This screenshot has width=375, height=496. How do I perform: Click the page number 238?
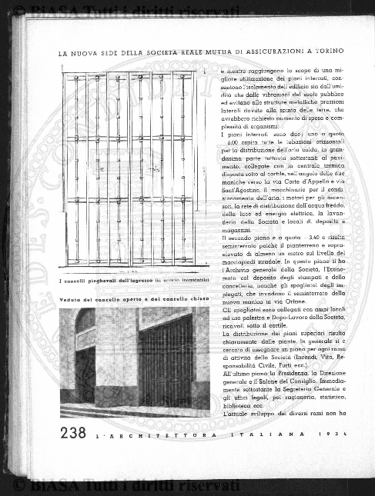pyautogui.click(x=72, y=433)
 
